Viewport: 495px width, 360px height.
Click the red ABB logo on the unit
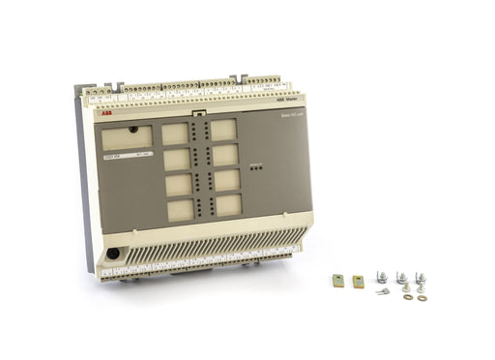click(105, 114)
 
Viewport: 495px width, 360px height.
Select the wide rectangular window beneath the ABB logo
click(127, 138)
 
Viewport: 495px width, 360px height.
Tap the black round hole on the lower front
click(114, 254)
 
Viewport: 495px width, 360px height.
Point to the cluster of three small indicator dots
click(255, 167)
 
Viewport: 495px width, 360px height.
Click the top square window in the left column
click(175, 133)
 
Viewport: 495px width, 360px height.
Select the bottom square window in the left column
click(180, 210)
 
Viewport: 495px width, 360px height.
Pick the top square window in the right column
click(223, 130)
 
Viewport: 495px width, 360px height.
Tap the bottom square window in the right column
click(227, 204)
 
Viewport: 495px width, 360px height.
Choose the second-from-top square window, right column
click(224, 154)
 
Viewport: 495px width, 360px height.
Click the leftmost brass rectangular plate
click(338, 281)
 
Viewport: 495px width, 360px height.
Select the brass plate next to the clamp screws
click(358, 281)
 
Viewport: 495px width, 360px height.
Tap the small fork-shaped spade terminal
click(384, 291)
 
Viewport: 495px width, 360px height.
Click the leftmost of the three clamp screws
click(382, 279)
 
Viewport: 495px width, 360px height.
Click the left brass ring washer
click(407, 296)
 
